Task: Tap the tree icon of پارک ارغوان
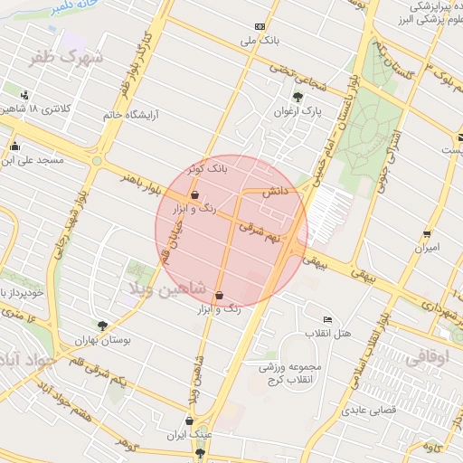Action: [298, 98]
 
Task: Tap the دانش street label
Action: [276, 193]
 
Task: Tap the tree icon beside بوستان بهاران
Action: [102, 326]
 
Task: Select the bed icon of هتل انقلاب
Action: [327, 320]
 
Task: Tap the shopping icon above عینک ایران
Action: [188, 420]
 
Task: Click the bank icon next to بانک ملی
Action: [260, 26]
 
